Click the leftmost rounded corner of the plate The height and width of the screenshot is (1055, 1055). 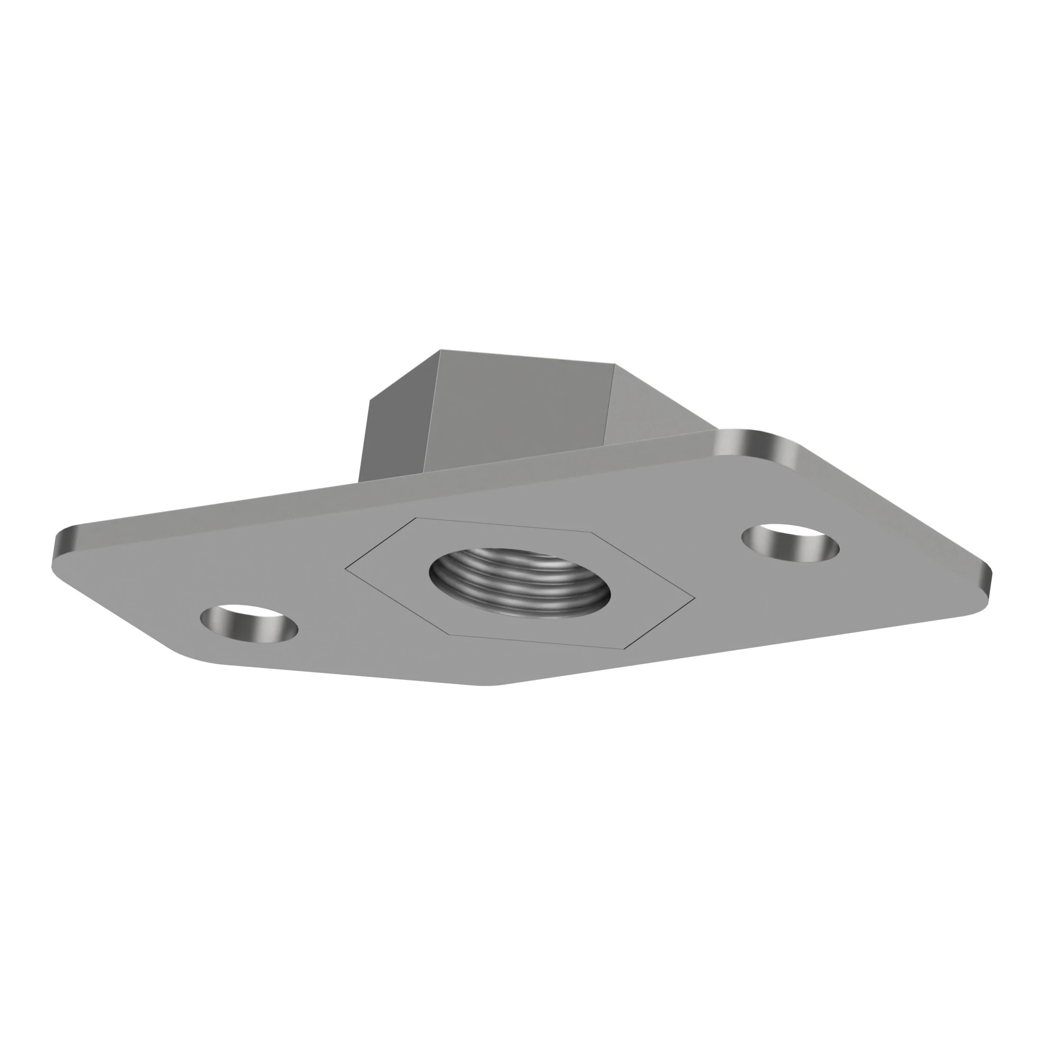(61, 546)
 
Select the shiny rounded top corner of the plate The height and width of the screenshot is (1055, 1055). (756, 439)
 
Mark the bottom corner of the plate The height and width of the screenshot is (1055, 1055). (492, 684)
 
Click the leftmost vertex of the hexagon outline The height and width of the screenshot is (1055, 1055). (345, 569)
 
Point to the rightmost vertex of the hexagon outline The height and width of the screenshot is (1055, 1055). (695, 598)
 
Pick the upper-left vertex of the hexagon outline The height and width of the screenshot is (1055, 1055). (416, 517)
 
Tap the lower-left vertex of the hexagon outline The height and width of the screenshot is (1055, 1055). (449, 635)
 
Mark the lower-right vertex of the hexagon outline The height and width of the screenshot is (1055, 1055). (624, 650)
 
